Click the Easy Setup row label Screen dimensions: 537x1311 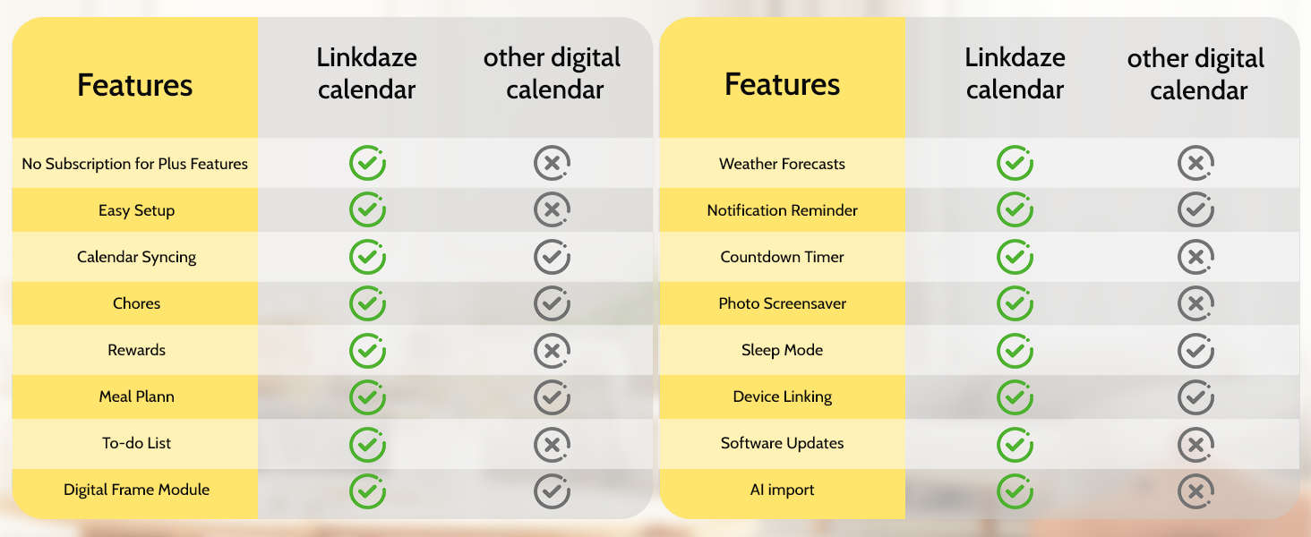click(136, 211)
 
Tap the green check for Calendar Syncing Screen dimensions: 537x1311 click(367, 257)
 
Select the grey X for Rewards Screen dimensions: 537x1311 click(553, 350)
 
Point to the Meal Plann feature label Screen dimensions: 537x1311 click(136, 396)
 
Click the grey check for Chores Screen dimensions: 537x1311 click(553, 303)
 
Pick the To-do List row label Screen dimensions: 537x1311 click(136, 443)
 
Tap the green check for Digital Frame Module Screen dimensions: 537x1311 click(367, 490)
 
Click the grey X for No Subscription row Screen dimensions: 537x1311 click(553, 164)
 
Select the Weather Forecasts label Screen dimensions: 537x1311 click(782, 165)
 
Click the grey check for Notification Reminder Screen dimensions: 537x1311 click(1195, 210)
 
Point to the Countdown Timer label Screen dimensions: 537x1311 click(782, 258)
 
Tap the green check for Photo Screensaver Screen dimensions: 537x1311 click(1015, 303)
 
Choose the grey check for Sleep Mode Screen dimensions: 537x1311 click(1195, 350)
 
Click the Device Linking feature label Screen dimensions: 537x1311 click(782, 397)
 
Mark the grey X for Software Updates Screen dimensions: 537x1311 click(1195, 443)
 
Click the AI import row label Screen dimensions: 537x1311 click(782, 490)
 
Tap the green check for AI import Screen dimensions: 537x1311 click(1015, 490)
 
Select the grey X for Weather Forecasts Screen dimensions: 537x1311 click(1195, 164)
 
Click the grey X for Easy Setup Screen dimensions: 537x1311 click(553, 210)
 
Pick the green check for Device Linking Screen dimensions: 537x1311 click(1015, 396)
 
